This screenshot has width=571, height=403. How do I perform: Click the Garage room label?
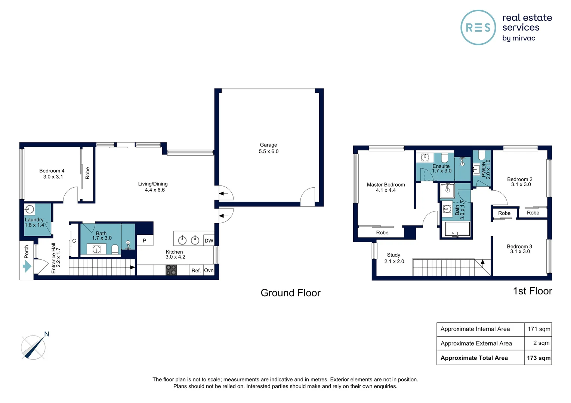pyautogui.click(x=268, y=145)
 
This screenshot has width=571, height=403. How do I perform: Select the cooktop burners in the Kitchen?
pyautogui.click(x=171, y=270)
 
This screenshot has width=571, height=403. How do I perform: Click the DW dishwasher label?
pyautogui.click(x=209, y=241)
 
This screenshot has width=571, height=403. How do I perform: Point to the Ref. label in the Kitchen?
pyautogui.click(x=196, y=271)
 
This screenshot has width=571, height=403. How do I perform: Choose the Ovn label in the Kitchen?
pyautogui.click(x=209, y=271)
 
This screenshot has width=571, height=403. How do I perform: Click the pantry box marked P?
pyautogui.click(x=145, y=241)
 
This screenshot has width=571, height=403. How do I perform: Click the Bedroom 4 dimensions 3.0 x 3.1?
pyautogui.click(x=53, y=177)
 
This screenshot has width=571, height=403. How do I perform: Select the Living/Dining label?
pyautogui.click(x=153, y=184)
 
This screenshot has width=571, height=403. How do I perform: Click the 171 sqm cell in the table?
pyautogui.click(x=538, y=329)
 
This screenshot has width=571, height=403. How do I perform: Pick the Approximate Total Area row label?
pyautogui.click(x=474, y=358)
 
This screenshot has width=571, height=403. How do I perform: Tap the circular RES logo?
pyautogui.click(x=478, y=28)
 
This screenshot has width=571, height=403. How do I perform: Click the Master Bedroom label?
pyautogui.click(x=386, y=185)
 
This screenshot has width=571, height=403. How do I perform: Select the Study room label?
pyautogui.click(x=393, y=255)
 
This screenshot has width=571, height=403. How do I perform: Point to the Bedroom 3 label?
pyautogui.click(x=519, y=247)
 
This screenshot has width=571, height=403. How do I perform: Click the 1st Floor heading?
pyautogui.click(x=532, y=291)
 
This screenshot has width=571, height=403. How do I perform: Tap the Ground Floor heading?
pyautogui.click(x=290, y=293)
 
